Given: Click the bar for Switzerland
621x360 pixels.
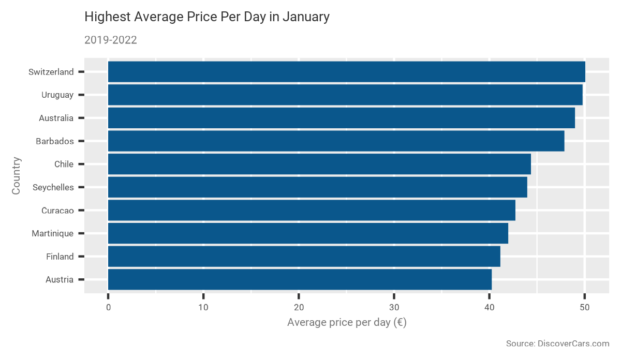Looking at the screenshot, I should (346, 72).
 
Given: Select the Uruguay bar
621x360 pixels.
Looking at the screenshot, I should (345, 95).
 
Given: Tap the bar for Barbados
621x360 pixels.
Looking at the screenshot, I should (336, 141).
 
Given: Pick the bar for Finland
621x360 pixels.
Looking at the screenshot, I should (304, 256).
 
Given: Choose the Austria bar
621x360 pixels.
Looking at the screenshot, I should (300, 279).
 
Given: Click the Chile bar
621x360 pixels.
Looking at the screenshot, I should (319, 164).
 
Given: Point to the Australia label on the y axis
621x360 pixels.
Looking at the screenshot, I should (56, 118).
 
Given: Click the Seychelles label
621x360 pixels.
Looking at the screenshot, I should (53, 187).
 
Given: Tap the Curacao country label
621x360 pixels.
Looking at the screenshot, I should (57, 211).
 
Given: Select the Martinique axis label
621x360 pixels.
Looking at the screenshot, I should (52, 233).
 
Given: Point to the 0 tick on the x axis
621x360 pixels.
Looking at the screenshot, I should (108, 308).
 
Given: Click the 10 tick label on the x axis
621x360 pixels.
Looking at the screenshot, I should (203, 308).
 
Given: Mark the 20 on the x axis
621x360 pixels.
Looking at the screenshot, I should (299, 308).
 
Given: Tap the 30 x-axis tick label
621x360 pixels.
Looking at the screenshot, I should (394, 308).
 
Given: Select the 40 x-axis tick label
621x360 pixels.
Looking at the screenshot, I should (489, 308).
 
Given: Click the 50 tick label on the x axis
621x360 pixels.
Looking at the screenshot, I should (584, 308).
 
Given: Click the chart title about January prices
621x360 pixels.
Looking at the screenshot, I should (206, 17).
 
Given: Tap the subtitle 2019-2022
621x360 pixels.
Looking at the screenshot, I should (110, 40).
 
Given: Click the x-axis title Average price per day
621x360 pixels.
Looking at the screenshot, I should (346, 323).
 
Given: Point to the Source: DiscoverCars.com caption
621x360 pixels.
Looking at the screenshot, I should (557, 343).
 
